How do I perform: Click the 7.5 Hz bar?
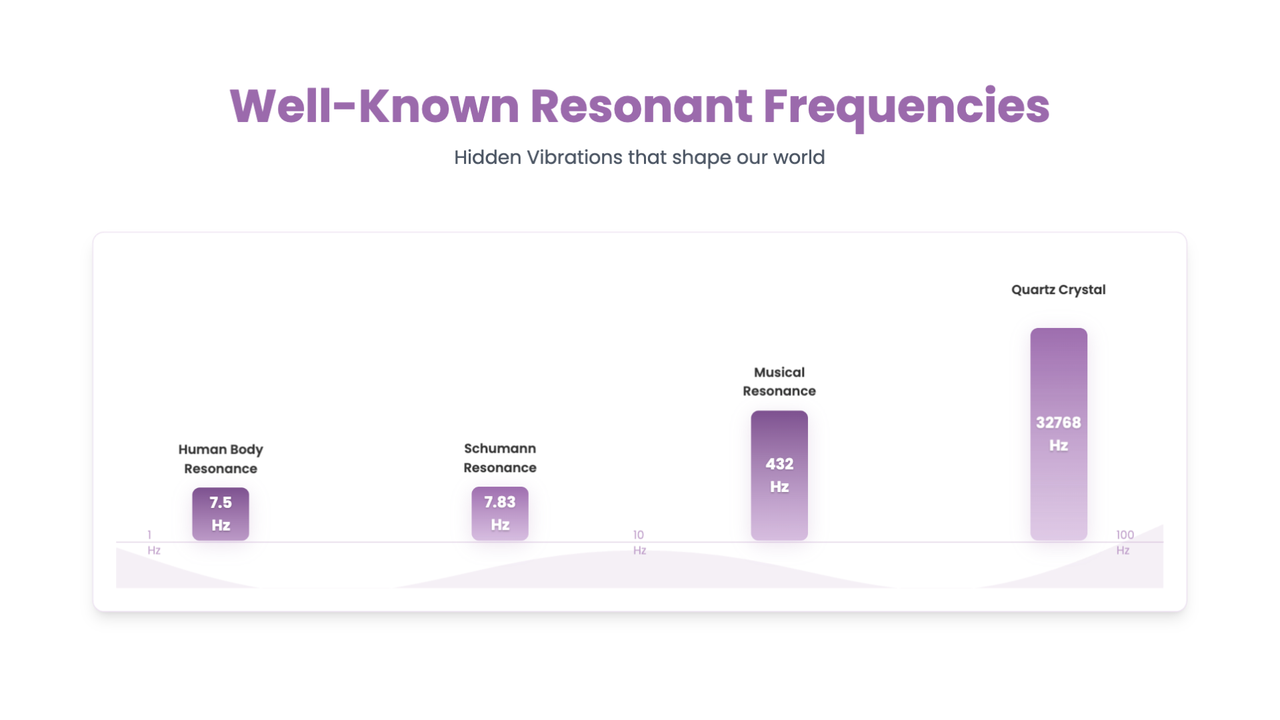point(221,514)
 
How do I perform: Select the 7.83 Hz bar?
point(500,513)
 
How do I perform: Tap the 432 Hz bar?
point(779,475)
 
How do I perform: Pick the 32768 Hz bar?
point(1059,434)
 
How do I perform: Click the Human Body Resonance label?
point(221,459)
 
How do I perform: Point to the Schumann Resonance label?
point(500,458)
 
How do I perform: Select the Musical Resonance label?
point(779,381)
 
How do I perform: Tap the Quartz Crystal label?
point(1059,289)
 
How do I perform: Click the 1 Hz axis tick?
point(153,543)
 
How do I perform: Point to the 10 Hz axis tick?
point(639,543)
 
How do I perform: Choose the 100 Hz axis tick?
point(1125,543)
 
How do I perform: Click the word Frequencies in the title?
point(907,107)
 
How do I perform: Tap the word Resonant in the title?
point(641,107)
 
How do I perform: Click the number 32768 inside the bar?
point(1059,423)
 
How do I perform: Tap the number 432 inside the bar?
point(779,464)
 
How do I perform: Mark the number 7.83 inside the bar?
point(500,502)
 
